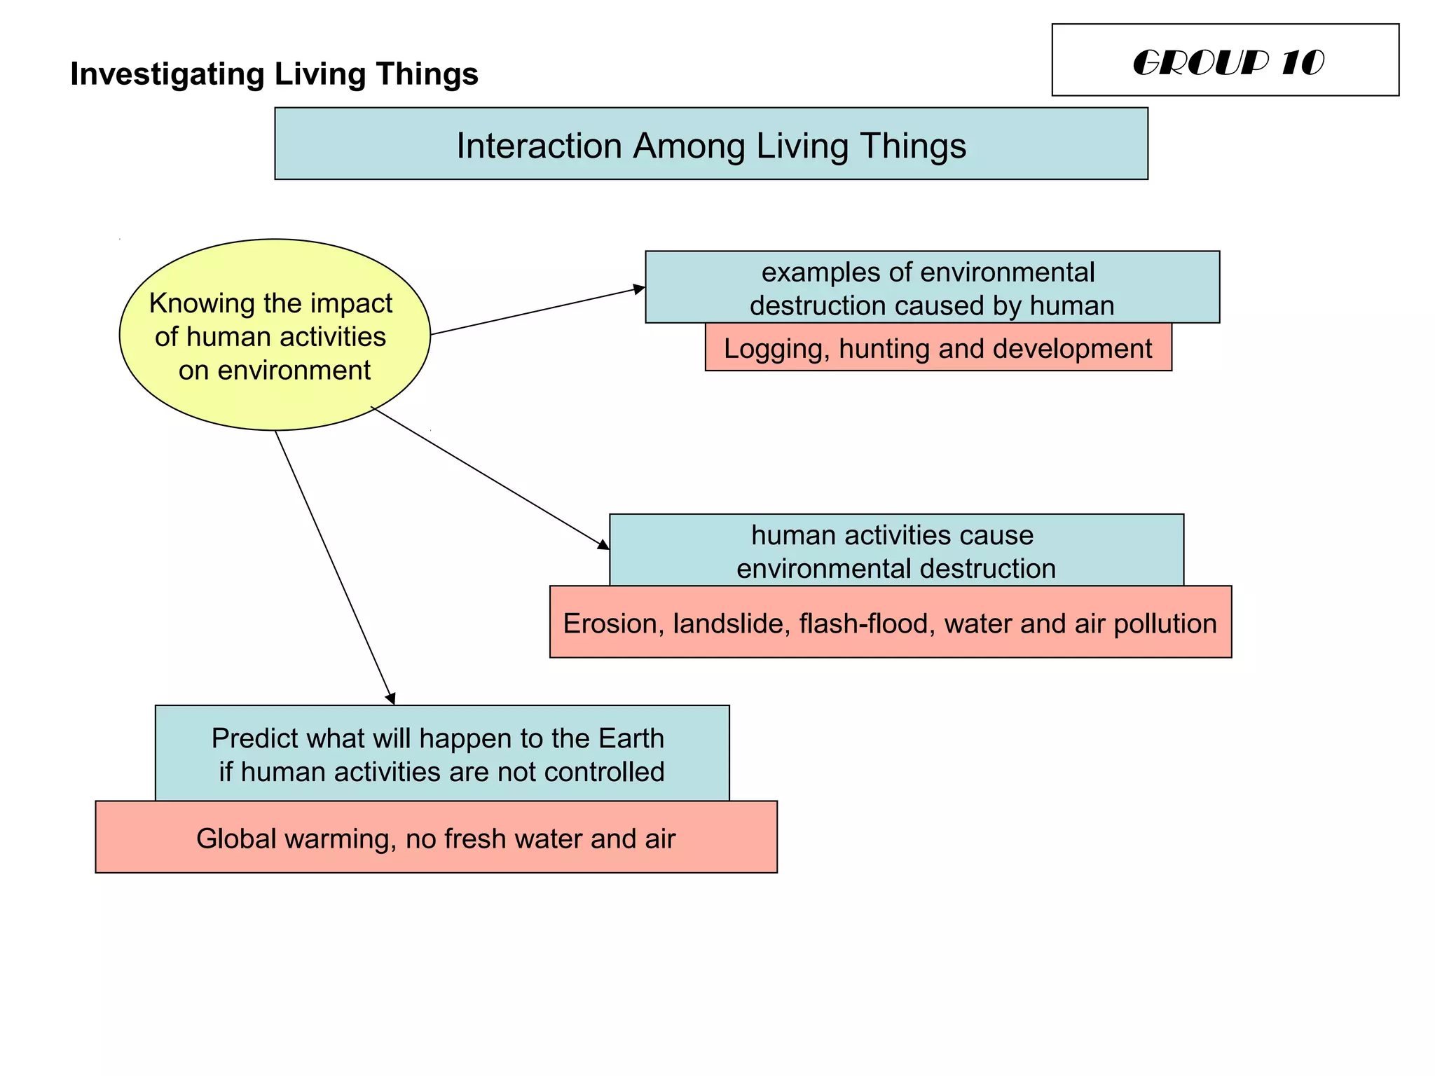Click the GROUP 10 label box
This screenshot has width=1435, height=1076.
click(x=1225, y=60)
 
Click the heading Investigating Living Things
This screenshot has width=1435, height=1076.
click(x=274, y=74)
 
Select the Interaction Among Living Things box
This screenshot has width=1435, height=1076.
click(x=710, y=144)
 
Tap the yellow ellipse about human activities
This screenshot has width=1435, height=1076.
click(x=275, y=335)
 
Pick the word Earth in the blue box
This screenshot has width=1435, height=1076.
click(x=631, y=738)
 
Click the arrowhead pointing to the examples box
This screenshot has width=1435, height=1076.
click(x=639, y=289)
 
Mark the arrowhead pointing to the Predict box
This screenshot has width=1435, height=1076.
click(x=391, y=698)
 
